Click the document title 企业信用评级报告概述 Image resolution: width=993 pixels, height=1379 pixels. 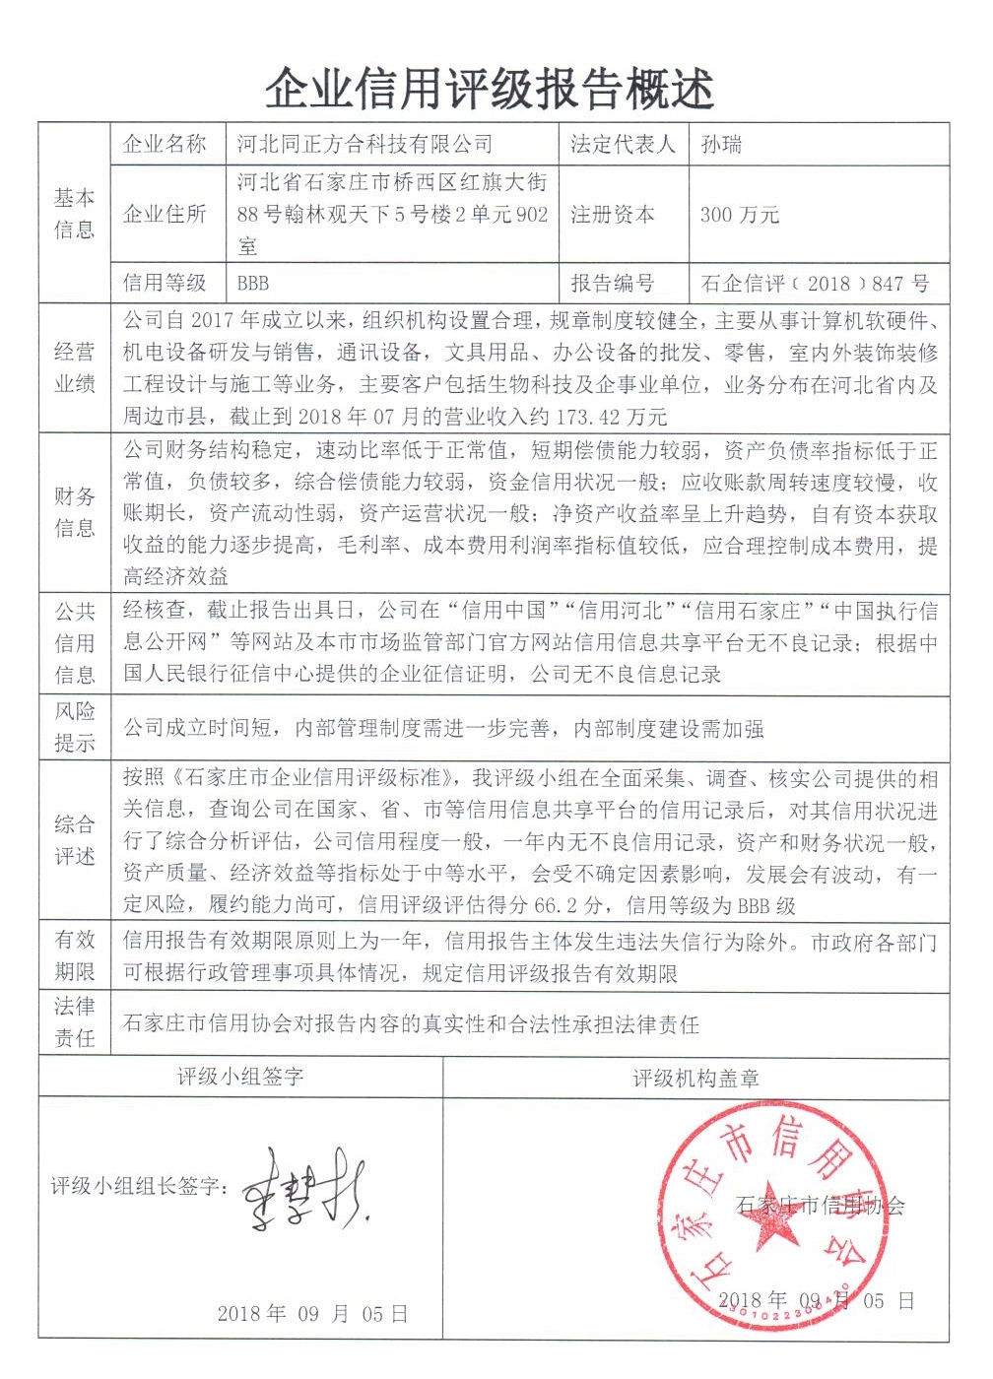pos(490,89)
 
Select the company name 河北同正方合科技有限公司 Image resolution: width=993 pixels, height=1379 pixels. pos(364,145)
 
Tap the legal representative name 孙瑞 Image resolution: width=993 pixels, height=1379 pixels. pos(721,145)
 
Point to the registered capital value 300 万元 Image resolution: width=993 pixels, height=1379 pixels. pos(739,215)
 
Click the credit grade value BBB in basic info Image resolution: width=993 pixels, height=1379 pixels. pos(253,284)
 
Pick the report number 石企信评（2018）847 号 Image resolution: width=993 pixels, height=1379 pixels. pos(815,284)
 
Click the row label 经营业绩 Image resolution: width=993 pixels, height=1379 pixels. pos(75,368)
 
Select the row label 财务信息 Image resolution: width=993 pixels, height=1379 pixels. pos(75,512)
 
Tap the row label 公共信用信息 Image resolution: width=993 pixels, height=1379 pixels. pos(75,643)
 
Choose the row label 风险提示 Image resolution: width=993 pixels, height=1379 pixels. pos(75,727)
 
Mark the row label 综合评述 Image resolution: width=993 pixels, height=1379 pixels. pos(75,840)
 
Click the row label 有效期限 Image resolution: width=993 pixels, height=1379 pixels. pos(75,955)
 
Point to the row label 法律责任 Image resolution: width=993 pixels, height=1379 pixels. pos(75,1022)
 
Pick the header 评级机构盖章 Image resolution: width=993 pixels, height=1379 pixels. pos(695,1079)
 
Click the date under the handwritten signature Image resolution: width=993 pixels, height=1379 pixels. pos(312,1314)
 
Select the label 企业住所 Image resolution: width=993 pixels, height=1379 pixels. pos(165,215)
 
